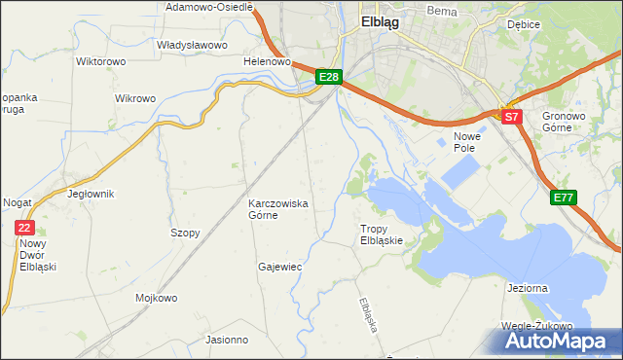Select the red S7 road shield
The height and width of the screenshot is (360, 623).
[x=513, y=117]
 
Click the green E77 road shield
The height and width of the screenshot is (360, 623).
[x=564, y=198]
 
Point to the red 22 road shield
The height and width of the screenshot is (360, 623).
[x=24, y=227]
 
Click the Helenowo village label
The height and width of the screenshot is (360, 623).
[x=268, y=61]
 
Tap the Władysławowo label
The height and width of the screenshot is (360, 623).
[x=192, y=45]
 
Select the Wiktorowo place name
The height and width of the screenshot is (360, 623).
[x=101, y=61]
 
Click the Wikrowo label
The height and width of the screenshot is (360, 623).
[x=135, y=98]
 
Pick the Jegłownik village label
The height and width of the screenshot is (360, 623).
[x=91, y=194]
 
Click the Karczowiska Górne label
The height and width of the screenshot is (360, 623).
[x=278, y=209]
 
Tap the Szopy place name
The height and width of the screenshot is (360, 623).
[x=185, y=234]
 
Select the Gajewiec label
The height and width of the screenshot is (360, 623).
[x=279, y=266]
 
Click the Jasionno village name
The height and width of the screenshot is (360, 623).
[x=227, y=340]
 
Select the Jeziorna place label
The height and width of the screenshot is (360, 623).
[x=531, y=289]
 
